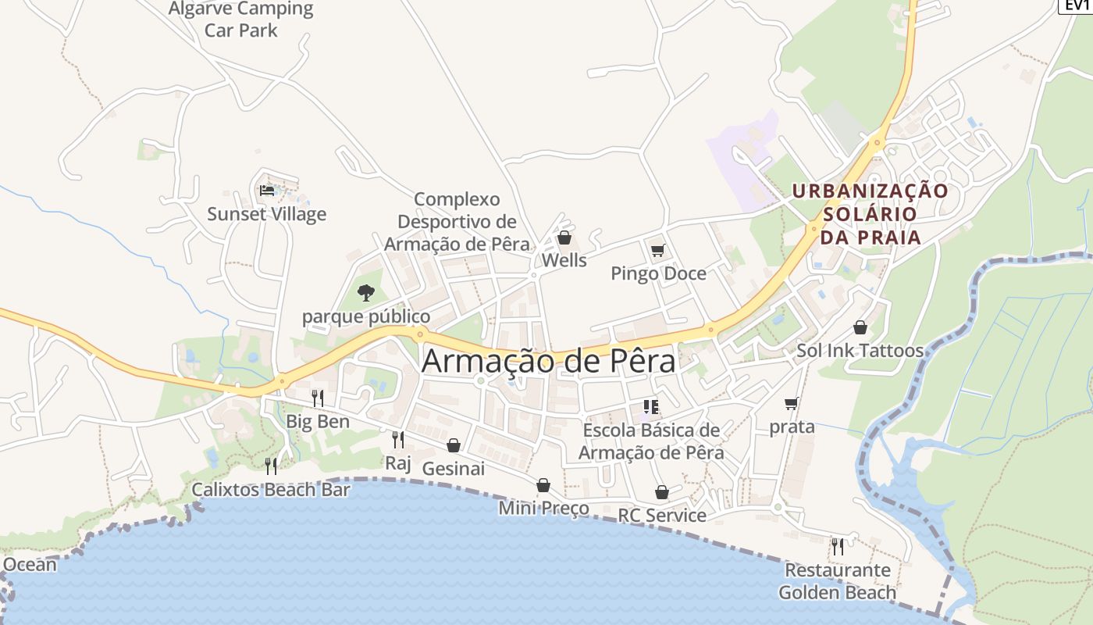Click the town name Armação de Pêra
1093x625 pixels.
click(549, 362)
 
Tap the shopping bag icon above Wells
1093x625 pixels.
click(564, 237)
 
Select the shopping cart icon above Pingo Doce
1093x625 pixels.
click(657, 250)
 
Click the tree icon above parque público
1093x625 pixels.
click(365, 293)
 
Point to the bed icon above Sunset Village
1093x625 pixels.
click(267, 190)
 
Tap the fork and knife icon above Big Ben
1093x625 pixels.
click(317, 398)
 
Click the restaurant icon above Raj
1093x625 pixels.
click(397, 439)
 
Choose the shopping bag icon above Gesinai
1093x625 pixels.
click(454, 445)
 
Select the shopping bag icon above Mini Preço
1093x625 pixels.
click(543, 485)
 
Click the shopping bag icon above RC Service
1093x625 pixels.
click(661, 492)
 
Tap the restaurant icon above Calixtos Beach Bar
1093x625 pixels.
click(271, 466)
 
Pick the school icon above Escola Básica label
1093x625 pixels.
click(651, 406)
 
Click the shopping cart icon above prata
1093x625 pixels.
click(791, 403)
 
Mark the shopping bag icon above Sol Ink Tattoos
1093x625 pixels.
click(860, 327)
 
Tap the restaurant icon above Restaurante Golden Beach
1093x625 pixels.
click(837, 546)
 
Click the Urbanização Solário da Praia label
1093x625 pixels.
click(870, 214)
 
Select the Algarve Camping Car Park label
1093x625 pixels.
click(241, 20)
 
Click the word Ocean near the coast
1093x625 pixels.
click(30, 564)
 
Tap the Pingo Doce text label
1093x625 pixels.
click(658, 273)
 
